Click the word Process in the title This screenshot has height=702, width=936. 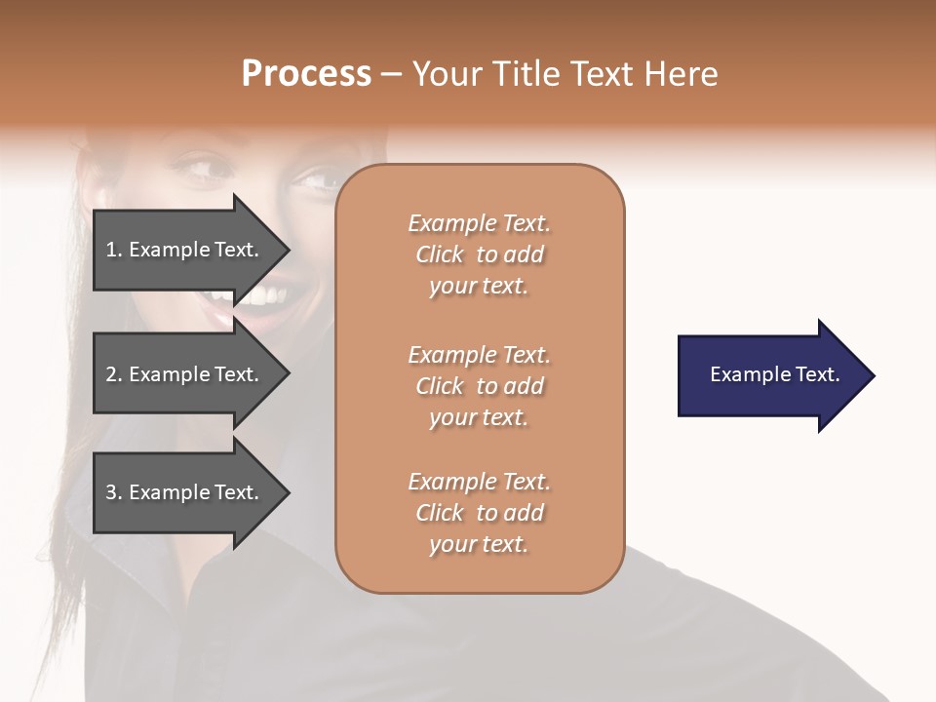(306, 74)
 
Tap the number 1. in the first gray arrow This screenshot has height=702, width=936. (114, 250)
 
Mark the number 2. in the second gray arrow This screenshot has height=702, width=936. (114, 374)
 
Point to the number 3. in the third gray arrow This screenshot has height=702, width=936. (114, 492)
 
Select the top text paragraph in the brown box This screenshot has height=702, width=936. (480, 254)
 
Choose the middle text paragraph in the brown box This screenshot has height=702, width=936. (480, 386)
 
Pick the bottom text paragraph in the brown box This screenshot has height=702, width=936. (480, 513)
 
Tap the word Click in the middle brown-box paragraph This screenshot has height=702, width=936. (440, 386)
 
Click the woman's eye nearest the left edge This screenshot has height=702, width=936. (202, 169)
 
